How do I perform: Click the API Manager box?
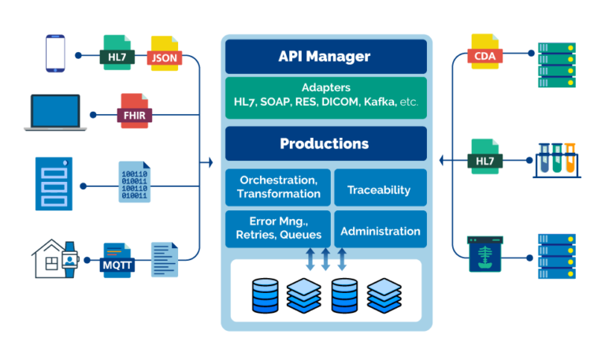point(325,57)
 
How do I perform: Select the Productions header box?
point(325,144)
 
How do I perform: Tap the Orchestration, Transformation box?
point(278,187)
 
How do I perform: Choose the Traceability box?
point(380,190)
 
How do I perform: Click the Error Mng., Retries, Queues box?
point(278,228)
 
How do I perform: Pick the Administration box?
point(380,231)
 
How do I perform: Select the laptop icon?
point(58,113)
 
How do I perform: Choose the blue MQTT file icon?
point(117,260)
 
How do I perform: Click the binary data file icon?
point(133,182)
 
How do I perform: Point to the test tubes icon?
point(556,160)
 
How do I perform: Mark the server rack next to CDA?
point(556,65)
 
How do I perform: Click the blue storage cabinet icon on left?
point(54,184)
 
